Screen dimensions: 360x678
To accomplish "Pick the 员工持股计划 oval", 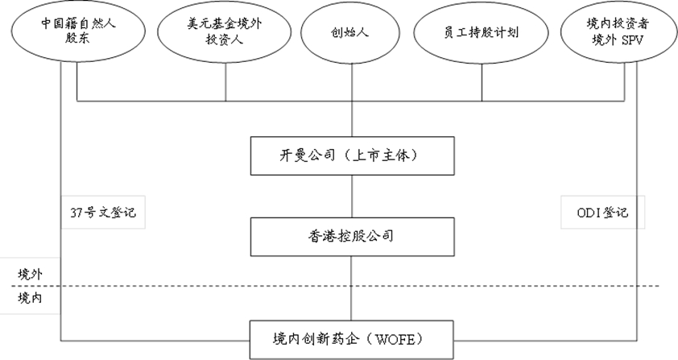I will [482, 33].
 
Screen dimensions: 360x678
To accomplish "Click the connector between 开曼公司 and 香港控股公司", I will [353, 196].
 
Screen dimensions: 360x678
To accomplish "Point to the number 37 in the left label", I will [76, 213].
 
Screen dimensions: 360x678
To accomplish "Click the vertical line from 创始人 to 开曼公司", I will [353, 97].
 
